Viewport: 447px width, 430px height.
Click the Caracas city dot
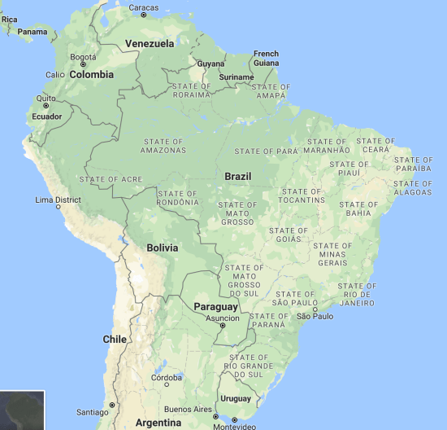(144, 15)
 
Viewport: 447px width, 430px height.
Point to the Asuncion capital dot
(223, 326)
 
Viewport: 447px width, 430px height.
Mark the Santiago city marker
(112, 405)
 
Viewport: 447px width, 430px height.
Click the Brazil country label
(238, 177)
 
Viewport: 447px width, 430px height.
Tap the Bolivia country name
(163, 248)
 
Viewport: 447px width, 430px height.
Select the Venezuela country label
(149, 43)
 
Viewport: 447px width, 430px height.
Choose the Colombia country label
(91, 74)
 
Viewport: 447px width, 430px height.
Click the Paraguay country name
(215, 307)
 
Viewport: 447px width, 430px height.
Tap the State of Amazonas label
(162, 146)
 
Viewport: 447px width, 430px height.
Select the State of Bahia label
(358, 208)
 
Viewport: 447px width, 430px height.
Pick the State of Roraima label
(191, 90)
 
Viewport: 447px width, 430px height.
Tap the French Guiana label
(266, 58)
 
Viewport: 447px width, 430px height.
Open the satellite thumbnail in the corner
(22, 410)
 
